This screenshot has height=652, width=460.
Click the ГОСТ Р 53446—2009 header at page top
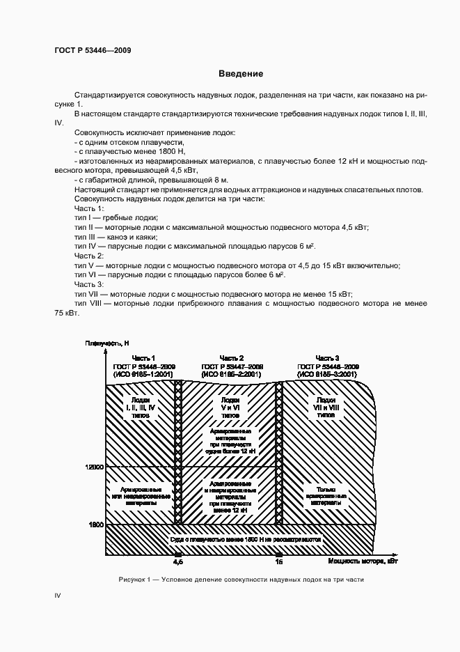(93, 50)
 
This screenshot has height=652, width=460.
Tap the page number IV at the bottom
(58, 596)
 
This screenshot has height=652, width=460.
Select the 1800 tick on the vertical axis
(95, 524)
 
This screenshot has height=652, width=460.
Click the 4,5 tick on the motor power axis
(177, 561)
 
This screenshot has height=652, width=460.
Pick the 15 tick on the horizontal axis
(279, 561)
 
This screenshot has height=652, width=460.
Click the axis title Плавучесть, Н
(107, 343)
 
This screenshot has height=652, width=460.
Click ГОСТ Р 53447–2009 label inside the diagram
(232, 366)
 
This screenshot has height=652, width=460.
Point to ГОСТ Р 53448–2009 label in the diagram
(328, 366)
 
